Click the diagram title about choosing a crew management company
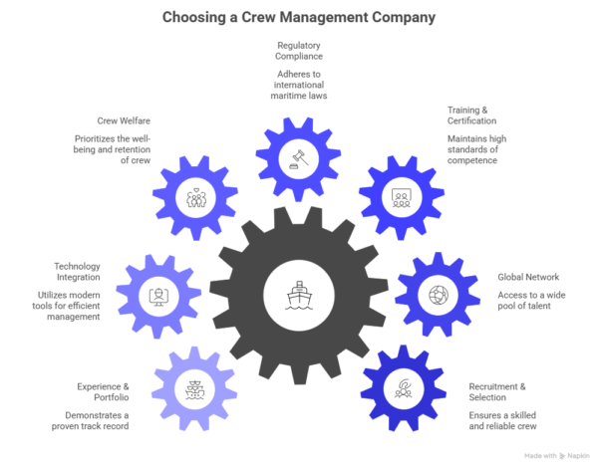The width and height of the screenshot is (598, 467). (x=299, y=17)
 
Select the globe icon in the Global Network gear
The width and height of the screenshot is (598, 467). (x=436, y=295)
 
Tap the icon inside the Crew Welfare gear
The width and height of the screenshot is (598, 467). (x=195, y=196)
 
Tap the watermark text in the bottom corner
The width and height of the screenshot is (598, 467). (x=554, y=454)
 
